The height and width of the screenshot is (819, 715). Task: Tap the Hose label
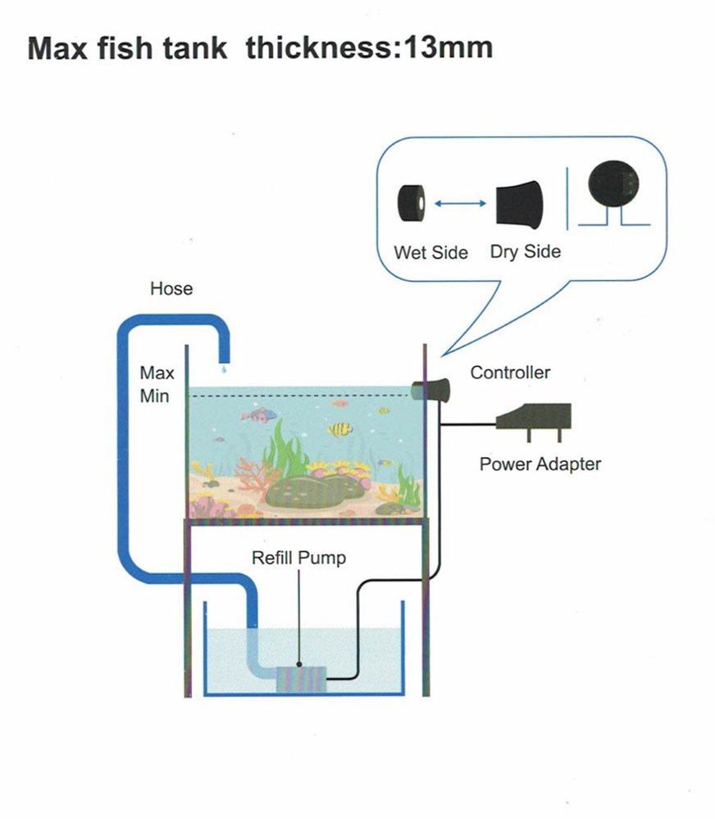tap(171, 288)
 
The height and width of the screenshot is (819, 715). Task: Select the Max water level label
tap(157, 373)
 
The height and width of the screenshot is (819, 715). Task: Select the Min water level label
tap(155, 396)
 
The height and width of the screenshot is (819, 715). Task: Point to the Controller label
tap(510, 373)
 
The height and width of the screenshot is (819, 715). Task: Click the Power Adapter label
tap(540, 464)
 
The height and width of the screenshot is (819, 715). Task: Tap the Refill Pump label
tap(298, 559)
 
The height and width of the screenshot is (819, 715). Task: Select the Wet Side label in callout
tap(431, 252)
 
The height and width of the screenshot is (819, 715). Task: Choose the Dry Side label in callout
tap(525, 251)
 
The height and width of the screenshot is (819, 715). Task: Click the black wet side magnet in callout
tap(412, 202)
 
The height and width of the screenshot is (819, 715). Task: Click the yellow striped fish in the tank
tap(340, 428)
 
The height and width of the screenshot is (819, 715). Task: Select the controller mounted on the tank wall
tap(432, 391)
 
